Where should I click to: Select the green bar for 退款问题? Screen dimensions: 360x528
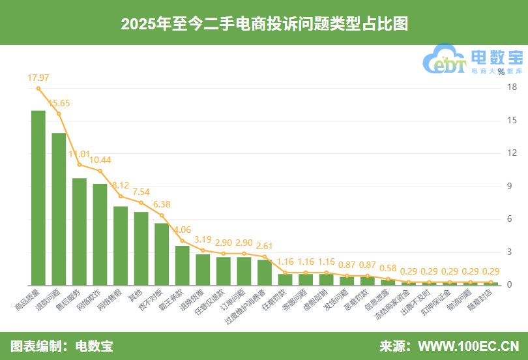click(59, 209)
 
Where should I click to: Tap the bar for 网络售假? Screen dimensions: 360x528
click(121, 245)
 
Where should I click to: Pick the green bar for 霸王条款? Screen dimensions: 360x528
click(183, 265)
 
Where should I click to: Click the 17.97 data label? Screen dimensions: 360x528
click(38, 78)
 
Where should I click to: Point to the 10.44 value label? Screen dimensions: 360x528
click(100, 160)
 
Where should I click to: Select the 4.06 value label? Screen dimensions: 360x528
click(183, 230)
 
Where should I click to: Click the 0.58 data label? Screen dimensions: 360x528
click(389, 268)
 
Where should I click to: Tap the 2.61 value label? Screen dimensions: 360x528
click(265, 246)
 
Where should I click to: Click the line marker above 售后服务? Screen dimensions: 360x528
click(80, 164)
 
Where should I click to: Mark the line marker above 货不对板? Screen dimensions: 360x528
click(162, 215)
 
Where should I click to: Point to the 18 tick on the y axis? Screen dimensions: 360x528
click(512, 88)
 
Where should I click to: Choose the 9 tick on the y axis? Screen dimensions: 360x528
click(512, 187)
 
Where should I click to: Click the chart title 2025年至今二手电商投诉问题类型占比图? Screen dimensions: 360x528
click(264, 23)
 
